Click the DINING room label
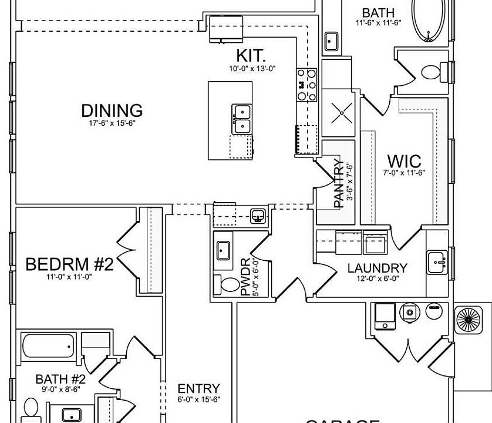[112, 110]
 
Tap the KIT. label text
[251, 56]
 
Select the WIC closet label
[404, 161]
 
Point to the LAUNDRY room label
[377, 268]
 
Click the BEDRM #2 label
[69, 264]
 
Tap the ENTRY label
[198, 389]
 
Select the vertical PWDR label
[245, 276]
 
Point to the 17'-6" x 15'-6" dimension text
[112, 123]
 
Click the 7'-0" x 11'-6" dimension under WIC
[404, 173]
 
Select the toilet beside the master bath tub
[433, 73]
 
